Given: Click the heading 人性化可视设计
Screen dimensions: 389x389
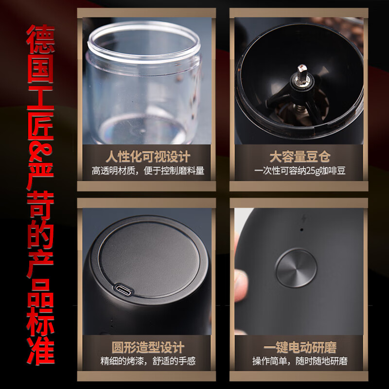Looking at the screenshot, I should pos(148,157).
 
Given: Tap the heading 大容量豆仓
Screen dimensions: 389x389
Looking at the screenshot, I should pos(300,157).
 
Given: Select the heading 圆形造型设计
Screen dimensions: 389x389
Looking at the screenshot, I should pos(148,347).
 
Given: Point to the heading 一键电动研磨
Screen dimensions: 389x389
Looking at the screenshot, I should pos(300,347).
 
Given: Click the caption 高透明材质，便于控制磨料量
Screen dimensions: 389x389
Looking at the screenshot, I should pos(148,171).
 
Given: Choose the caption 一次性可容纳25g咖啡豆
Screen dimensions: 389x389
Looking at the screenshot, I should pos(300,171).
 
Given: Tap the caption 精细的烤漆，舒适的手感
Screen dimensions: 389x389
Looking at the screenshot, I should pos(148,361).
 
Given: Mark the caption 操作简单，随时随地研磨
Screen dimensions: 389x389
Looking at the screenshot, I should pos(300,361).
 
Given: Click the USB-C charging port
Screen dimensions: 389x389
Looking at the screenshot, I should pos(124,289).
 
